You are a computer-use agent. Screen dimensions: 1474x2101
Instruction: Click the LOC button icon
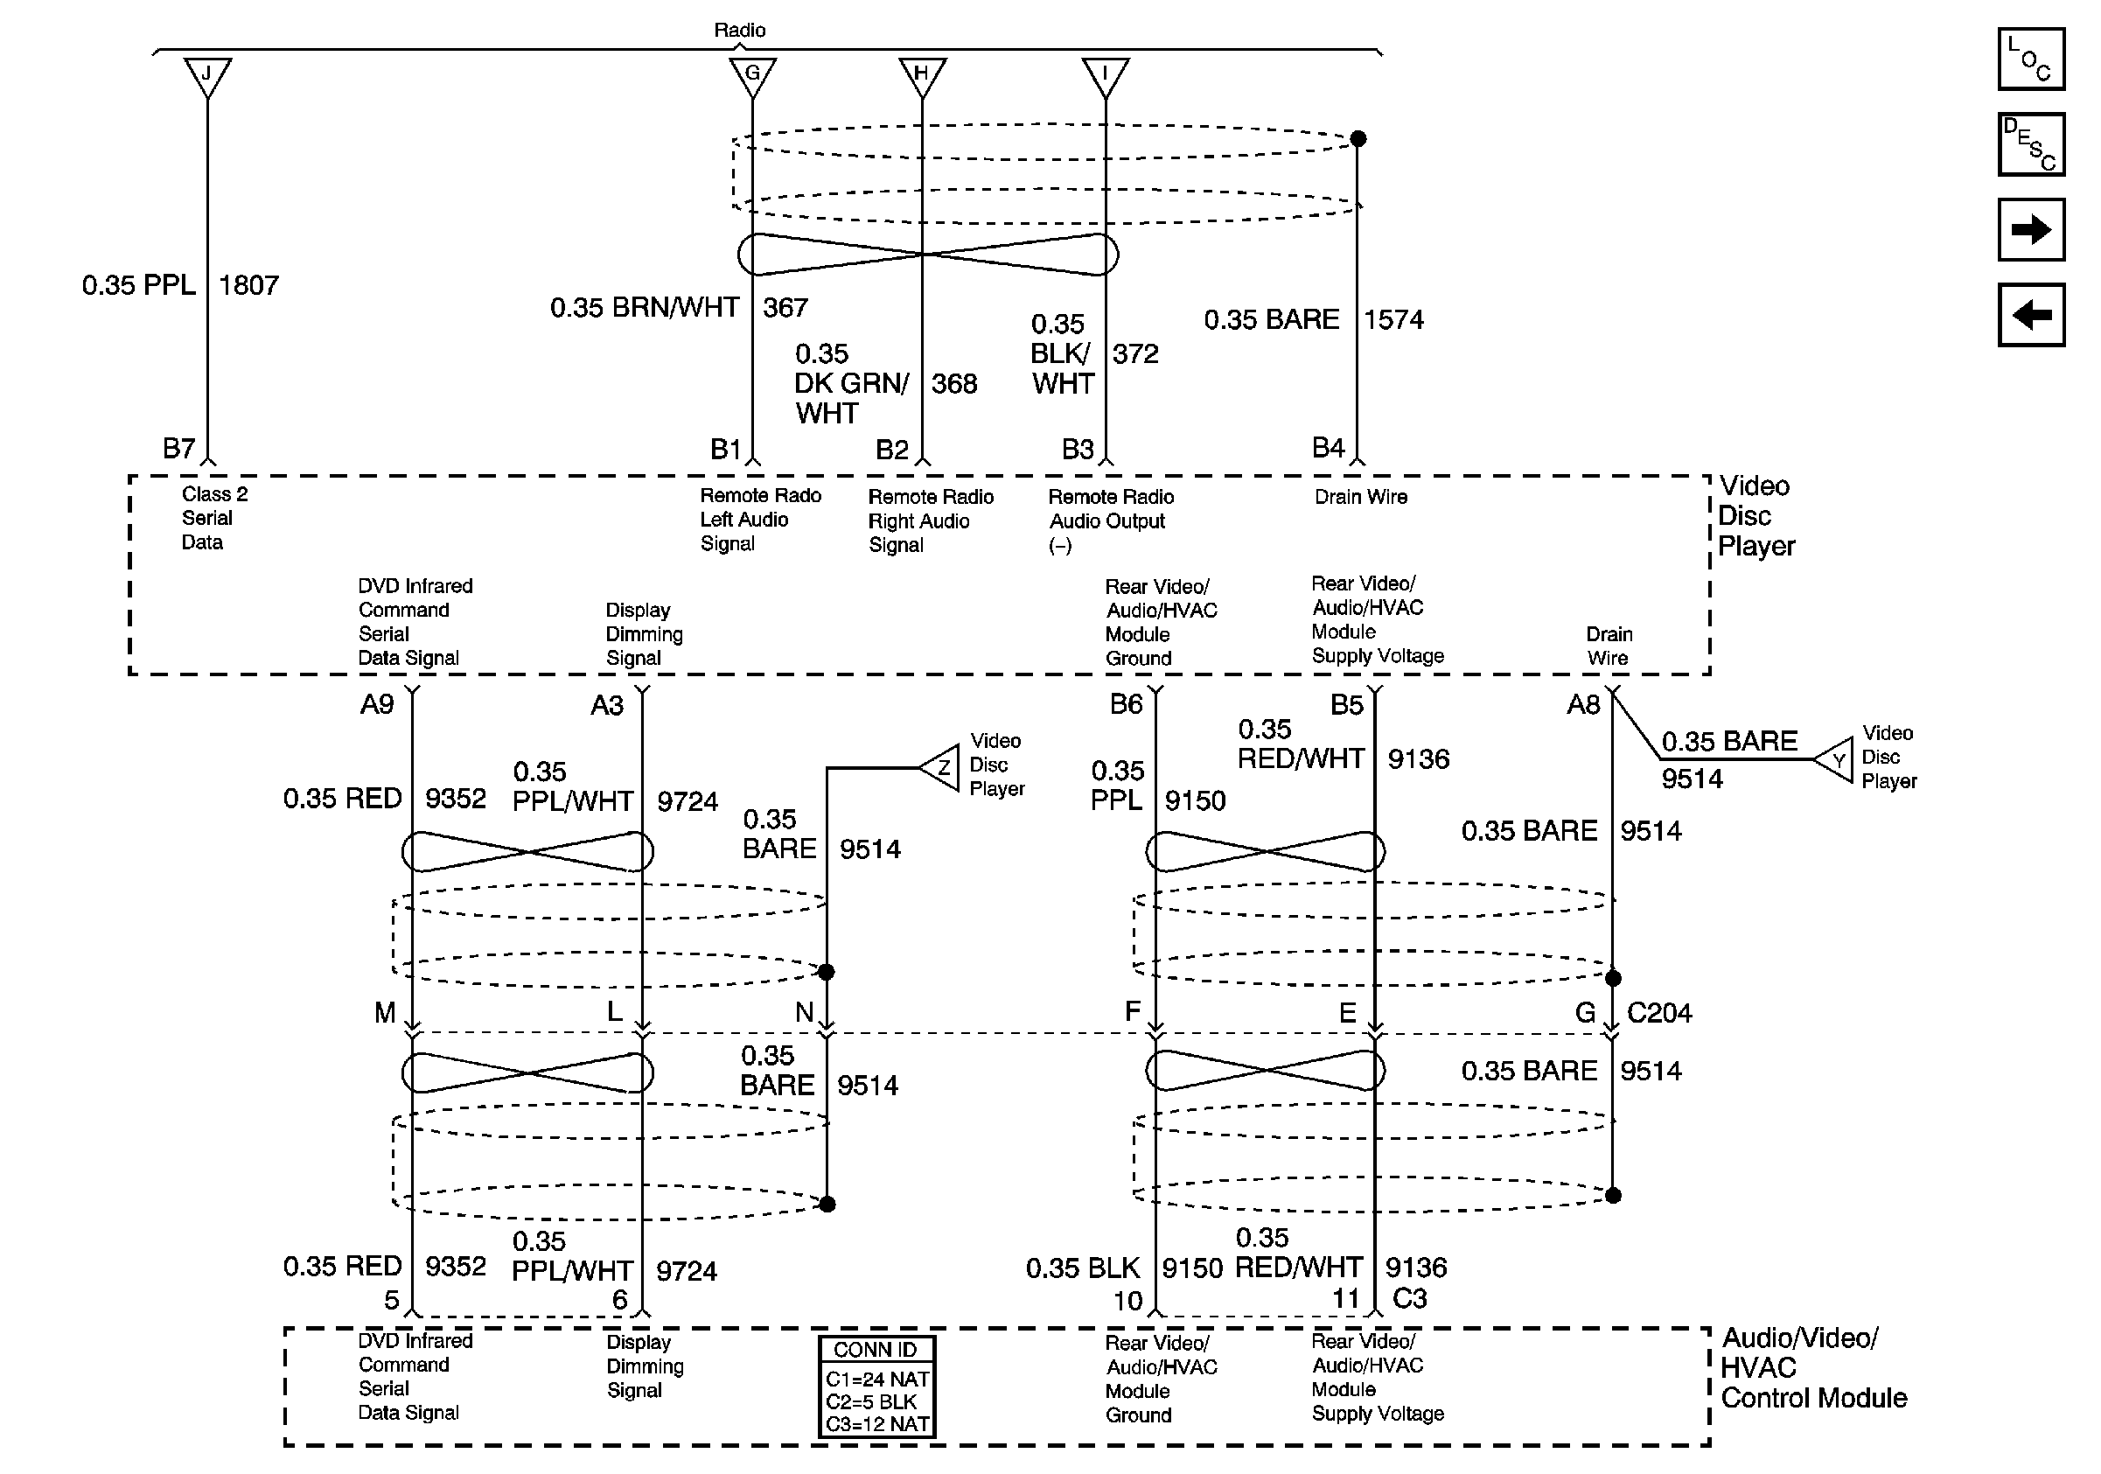pos(2030,59)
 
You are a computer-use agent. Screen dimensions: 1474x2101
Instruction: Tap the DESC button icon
pos(2030,144)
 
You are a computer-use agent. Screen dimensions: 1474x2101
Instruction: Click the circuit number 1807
pos(249,285)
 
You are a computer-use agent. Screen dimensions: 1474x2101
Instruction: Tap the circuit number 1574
pos(1393,320)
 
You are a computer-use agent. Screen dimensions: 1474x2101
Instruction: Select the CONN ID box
pos(876,1387)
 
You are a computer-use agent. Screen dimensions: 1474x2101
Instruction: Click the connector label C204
pos(1659,1013)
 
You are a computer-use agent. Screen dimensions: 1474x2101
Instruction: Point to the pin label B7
pos(179,449)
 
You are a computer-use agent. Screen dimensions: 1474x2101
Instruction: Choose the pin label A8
pos(1583,704)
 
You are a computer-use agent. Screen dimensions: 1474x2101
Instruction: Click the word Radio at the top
pos(739,31)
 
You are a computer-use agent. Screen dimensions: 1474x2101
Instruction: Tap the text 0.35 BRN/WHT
pos(645,308)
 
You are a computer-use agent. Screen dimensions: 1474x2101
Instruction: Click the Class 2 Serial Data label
pos(214,518)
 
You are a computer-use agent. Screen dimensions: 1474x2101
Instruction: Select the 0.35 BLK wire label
pos(1083,1268)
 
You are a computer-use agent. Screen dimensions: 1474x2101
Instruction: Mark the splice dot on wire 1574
pos(1358,139)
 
